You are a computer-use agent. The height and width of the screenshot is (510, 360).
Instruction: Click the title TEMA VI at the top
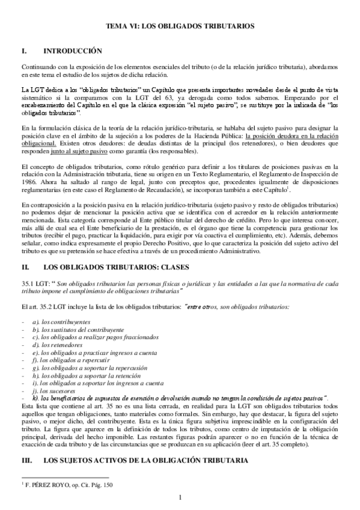pyautogui.click(x=180, y=27)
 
